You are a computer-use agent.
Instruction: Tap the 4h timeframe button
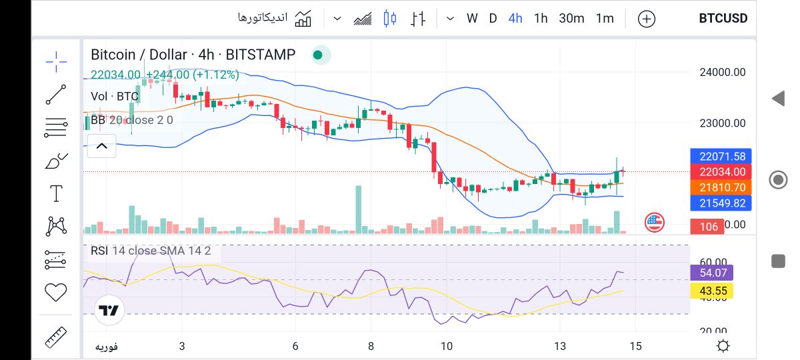click(515, 19)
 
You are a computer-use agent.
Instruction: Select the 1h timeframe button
click(541, 19)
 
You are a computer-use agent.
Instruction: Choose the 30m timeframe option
click(571, 19)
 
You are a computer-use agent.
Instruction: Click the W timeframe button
click(472, 19)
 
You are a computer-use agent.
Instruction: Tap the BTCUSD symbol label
click(723, 19)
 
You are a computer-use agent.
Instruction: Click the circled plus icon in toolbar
click(647, 19)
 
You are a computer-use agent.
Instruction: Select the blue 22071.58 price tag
click(722, 157)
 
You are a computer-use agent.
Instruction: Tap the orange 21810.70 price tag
click(722, 188)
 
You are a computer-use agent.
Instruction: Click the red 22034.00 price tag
click(722, 172)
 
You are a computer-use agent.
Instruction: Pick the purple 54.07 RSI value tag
click(712, 273)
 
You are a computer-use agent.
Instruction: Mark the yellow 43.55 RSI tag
click(712, 291)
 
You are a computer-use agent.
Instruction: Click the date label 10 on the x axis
click(446, 346)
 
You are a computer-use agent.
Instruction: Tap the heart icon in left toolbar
click(56, 292)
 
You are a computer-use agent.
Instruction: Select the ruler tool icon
click(56, 337)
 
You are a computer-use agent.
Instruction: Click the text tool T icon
click(56, 194)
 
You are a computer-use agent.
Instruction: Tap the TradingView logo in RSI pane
click(108, 311)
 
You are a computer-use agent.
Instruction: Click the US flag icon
click(655, 223)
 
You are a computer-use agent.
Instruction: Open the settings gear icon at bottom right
click(723, 346)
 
